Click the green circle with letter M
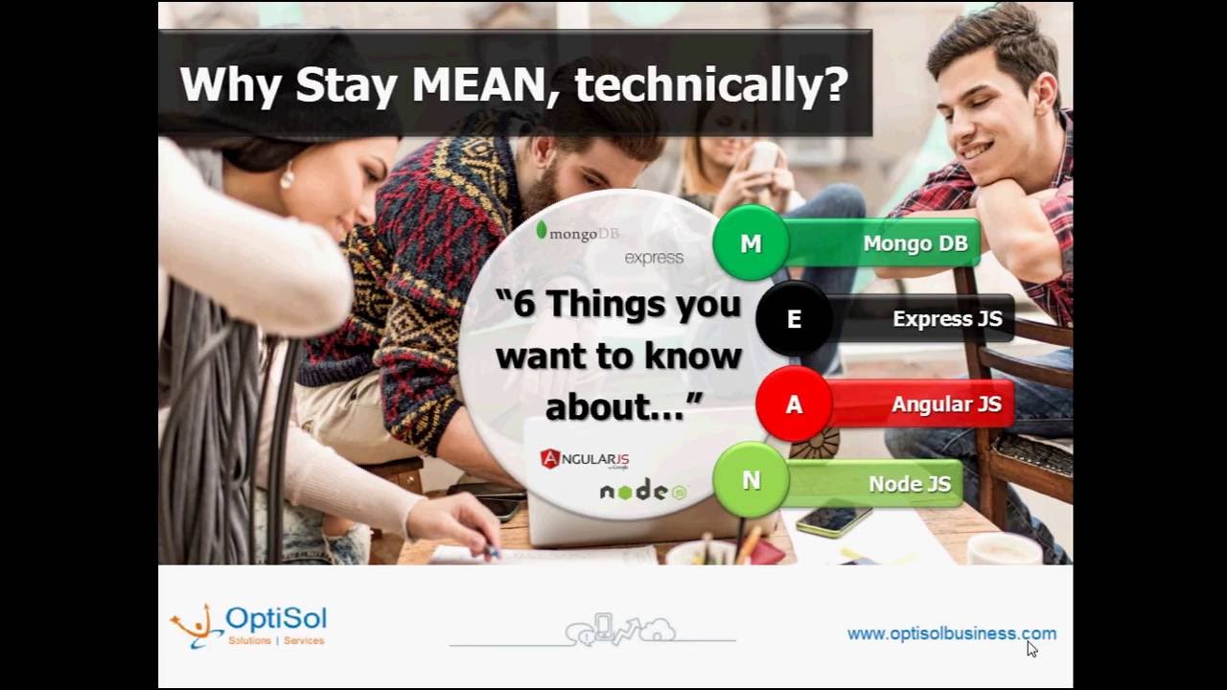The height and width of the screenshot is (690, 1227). pos(751,243)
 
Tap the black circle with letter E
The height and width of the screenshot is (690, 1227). pos(794,319)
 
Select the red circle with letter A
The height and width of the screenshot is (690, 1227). pos(794,404)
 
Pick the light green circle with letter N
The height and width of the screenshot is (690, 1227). pos(751,481)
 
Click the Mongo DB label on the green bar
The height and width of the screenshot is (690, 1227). pos(914,243)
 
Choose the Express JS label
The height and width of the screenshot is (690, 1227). pos(947,319)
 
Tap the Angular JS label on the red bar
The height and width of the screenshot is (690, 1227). pos(946,404)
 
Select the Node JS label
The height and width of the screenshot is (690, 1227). pos(909,484)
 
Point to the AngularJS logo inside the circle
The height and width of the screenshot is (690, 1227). pos(585,459)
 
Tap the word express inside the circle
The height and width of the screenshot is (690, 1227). pos(654,258)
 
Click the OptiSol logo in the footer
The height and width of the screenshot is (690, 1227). pos(249,626)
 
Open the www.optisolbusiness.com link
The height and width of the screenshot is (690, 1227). pos(951,633)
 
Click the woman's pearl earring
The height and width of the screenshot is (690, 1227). pos(287,178)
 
